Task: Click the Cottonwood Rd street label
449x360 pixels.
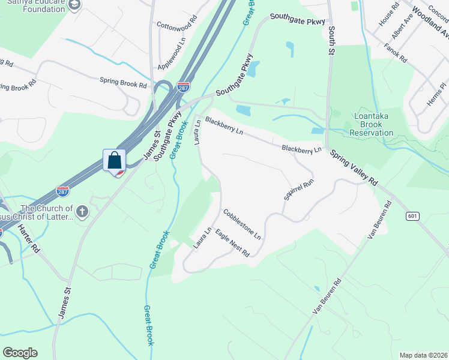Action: tap(176, 23)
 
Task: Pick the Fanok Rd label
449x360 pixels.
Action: tap(396, 53)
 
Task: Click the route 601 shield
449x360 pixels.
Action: tap(412, 216)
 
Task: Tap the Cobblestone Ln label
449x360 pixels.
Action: tap(242, 224)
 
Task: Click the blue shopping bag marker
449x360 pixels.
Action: tap(114, 161)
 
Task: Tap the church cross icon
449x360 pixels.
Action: tap(82, 211)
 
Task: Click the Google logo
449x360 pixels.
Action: tap(20, 353)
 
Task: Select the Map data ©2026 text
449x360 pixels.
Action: tap(423, 355)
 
